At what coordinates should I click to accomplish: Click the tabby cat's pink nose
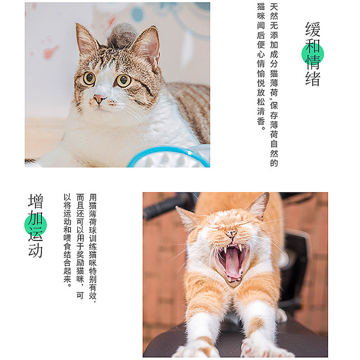pos(99,99)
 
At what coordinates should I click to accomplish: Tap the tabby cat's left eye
pos(89,78)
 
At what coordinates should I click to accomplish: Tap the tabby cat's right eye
pos(124,80)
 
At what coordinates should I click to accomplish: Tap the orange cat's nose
pos(231,234)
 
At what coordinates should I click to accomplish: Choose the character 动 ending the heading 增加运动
pos(36,250)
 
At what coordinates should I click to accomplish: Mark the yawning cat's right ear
pos(259,205)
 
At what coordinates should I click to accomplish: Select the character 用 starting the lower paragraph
pos(93,198)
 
